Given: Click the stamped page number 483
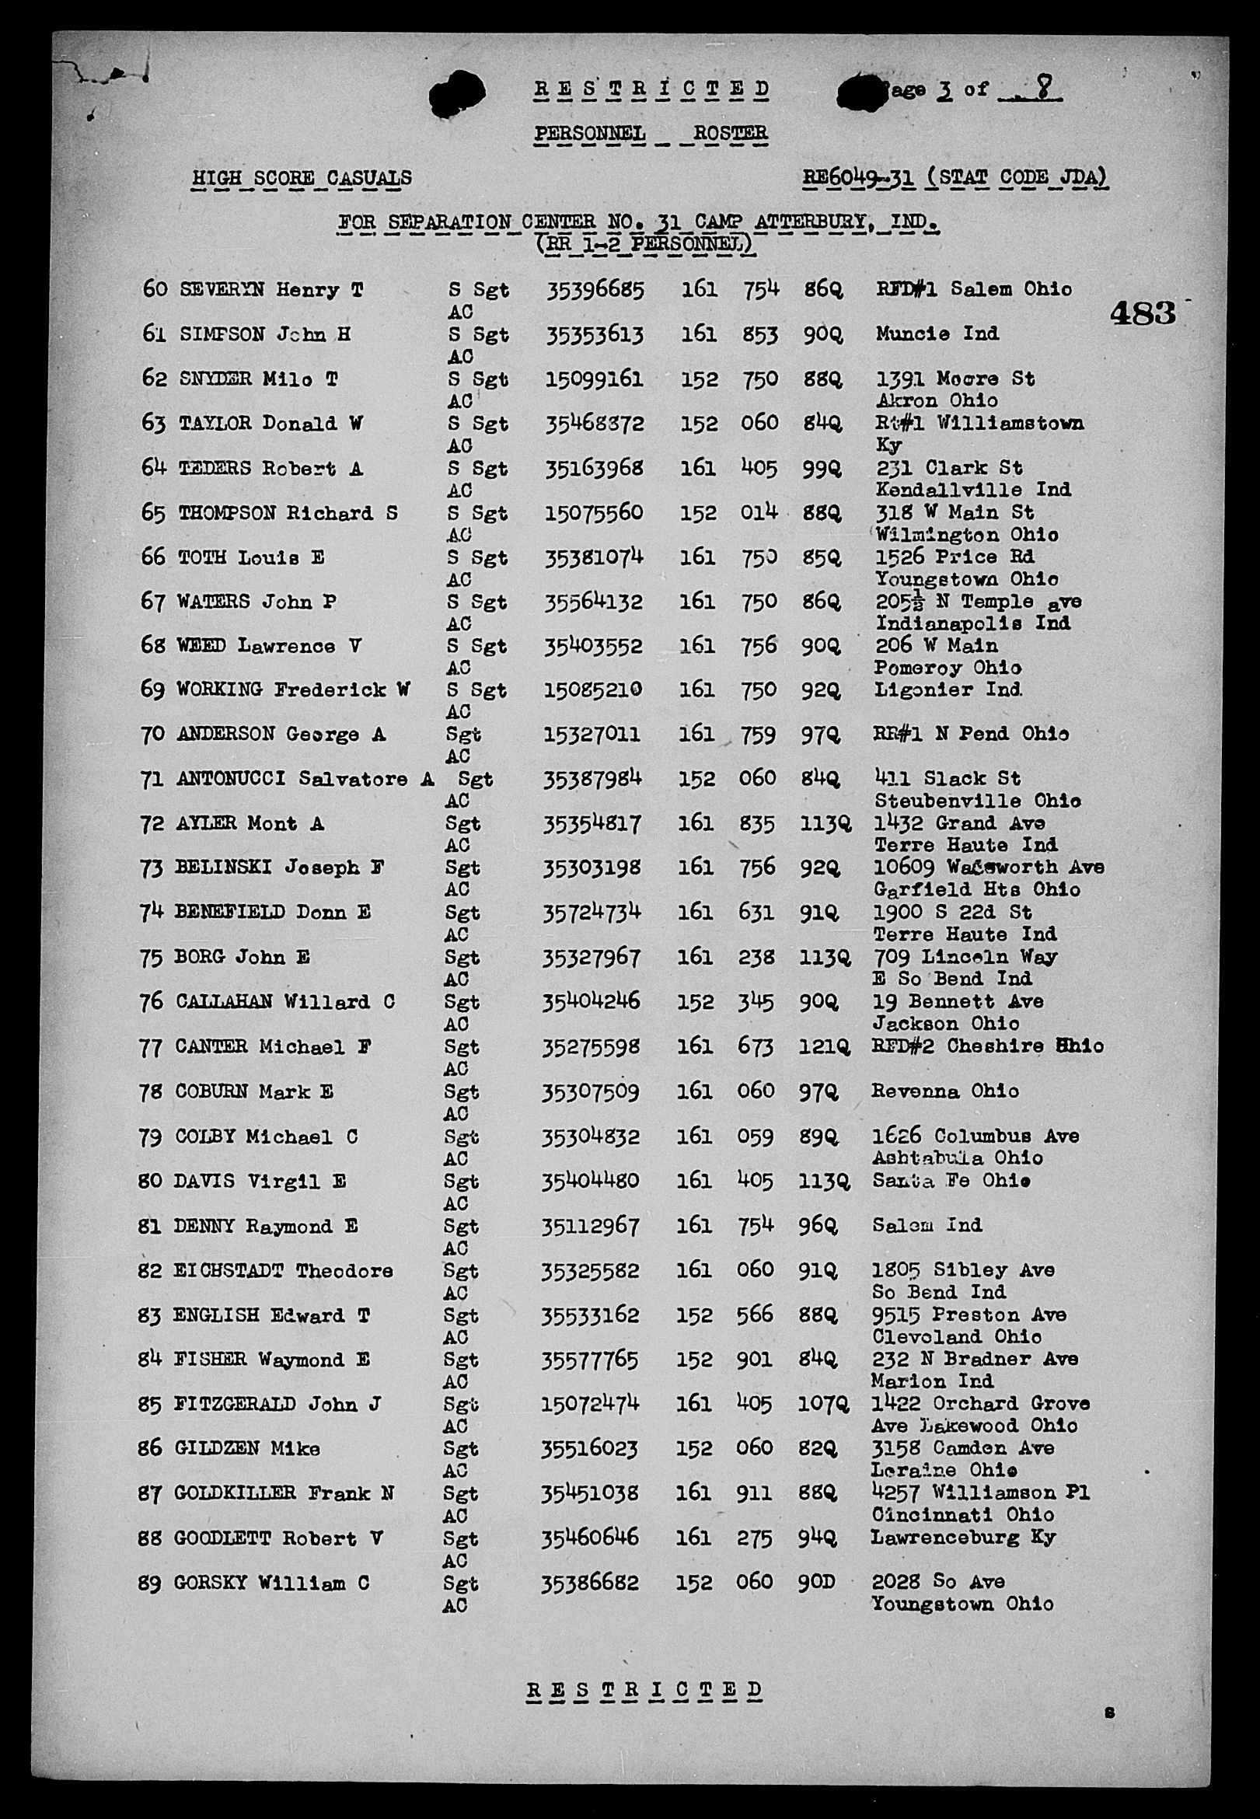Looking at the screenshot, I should click(1142, 313).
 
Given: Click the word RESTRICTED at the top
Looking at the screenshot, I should click(651, 89).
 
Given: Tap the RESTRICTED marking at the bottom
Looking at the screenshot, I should click(644, 1690).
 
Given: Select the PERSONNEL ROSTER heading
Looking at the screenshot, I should click(651, 134).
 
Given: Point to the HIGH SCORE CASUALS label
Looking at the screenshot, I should click(302, 179).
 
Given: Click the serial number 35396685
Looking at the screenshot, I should click(595, 291).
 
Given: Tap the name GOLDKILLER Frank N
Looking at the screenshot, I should click(284, 1493).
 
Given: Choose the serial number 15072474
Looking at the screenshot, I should click(590, 1404).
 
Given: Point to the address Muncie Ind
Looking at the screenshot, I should click(937, 334).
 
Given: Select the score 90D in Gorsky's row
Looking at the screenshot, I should click(815, 1582).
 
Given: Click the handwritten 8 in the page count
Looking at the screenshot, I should click(1044, 88).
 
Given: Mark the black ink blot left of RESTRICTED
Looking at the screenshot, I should click(457, 94).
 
